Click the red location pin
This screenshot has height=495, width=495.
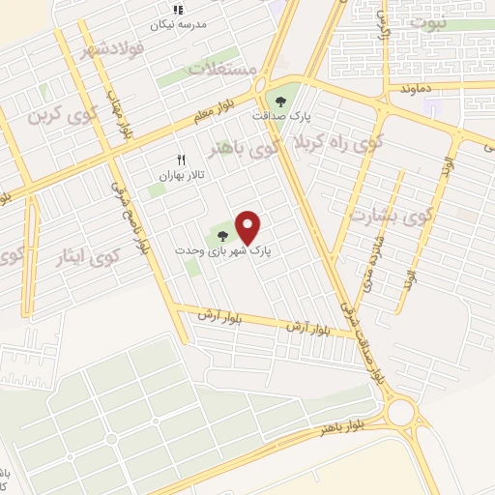[249, 226]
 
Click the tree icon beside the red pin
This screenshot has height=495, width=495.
[223, 234]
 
